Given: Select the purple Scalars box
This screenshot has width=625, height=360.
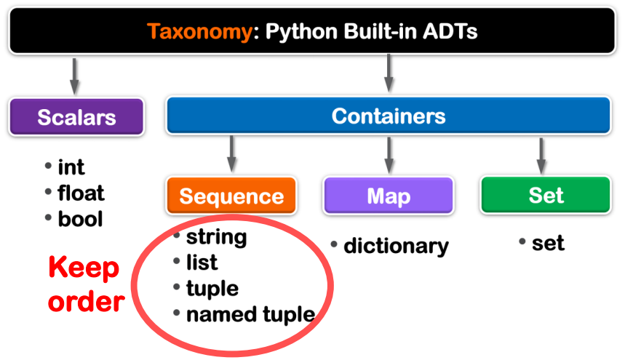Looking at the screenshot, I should [76, 117].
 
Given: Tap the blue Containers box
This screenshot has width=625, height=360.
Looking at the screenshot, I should [388, 116].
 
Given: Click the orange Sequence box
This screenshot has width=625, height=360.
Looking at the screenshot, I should [231, 195].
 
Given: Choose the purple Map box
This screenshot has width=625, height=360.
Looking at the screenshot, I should [388, 195].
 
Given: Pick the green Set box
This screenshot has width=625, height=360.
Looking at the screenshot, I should [545, 195].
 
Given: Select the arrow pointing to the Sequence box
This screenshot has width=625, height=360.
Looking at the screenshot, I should [231, 153].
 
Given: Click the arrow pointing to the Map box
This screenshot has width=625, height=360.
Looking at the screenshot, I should [389, 153].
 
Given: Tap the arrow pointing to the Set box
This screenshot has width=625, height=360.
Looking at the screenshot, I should [541, 153].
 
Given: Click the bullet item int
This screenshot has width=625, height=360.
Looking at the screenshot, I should [71, 167].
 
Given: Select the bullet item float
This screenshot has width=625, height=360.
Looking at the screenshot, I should [81, 193].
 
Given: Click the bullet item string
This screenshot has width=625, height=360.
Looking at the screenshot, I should [216, 236].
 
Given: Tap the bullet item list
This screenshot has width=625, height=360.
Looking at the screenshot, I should [202, 262].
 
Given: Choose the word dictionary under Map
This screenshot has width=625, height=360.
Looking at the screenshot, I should [396, 246].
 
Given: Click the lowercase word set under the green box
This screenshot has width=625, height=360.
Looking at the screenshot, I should [548, 242].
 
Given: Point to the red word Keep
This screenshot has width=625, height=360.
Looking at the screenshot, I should [84, 268].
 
